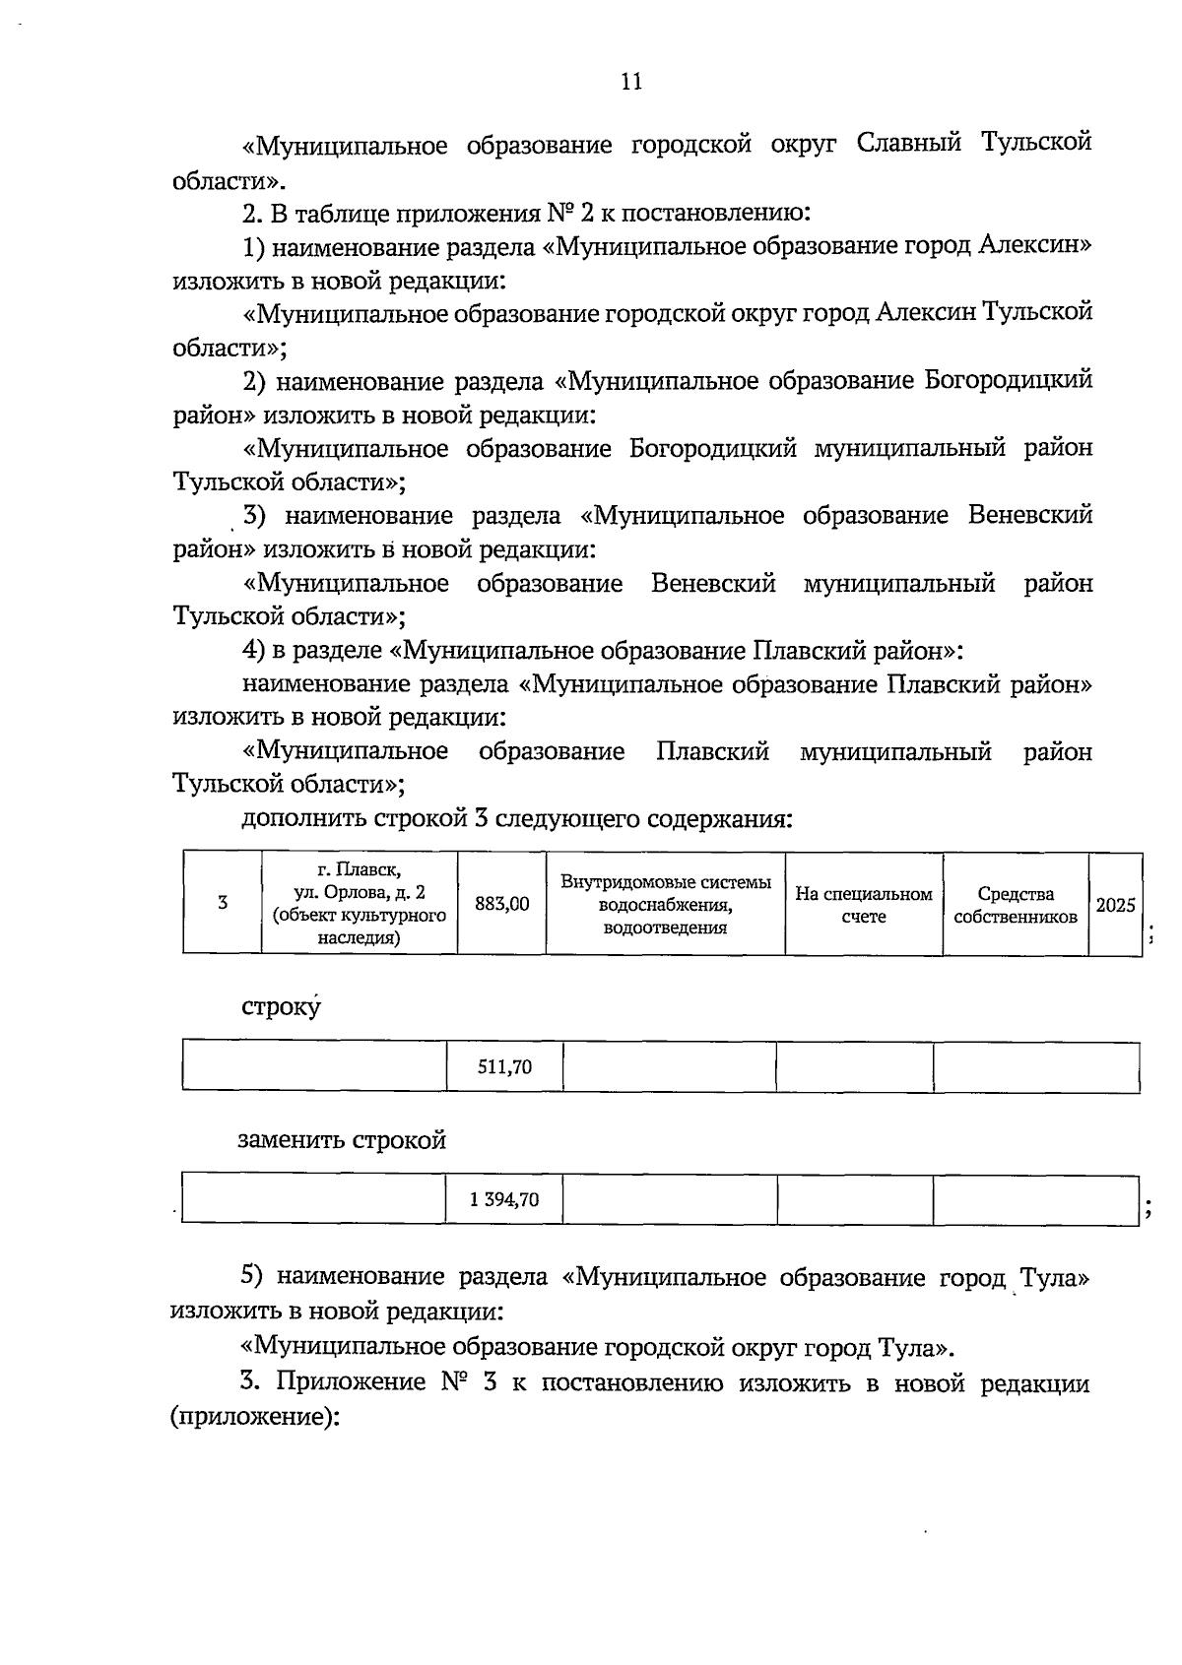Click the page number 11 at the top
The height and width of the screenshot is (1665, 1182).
click(x=631, y=82)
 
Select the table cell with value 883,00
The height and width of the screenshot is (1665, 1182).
click(x=501, y=903)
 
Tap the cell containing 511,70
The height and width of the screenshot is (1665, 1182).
click(x=504, y=1067)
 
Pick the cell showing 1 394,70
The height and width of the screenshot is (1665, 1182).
click(x=504, y=1199)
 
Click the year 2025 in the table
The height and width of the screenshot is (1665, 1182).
click(x=1115, y=904)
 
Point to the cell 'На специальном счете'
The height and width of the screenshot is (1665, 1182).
click(x=864, y=904)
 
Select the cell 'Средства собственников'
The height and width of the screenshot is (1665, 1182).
click(x=1016, y=904)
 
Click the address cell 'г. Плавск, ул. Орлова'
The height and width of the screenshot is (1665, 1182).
click(x=360, y=903)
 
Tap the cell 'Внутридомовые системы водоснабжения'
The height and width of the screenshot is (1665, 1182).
click(x=665, y=903)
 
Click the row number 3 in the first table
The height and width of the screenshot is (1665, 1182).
click(x=223, y=903)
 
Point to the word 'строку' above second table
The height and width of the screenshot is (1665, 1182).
click(x=281, y=1008)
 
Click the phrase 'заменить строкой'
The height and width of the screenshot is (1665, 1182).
click(x=342, y=1140)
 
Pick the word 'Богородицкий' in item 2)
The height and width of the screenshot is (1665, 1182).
click(x=1009, y=380)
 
